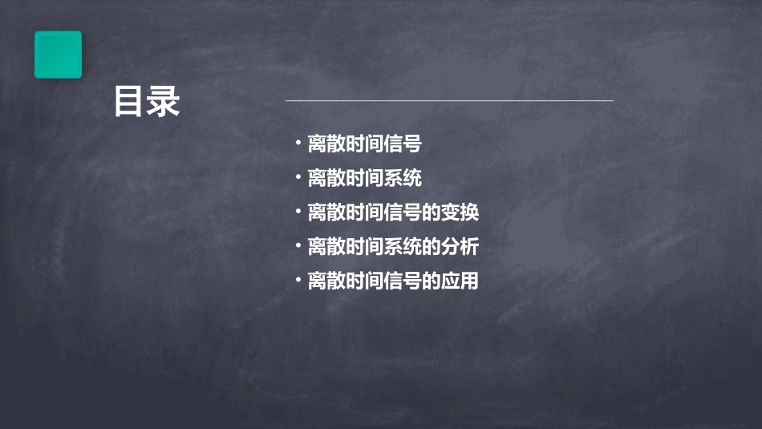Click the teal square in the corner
[58, 55]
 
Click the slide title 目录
[147, 102]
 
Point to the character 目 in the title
[129, 102]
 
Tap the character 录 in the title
[164, 102]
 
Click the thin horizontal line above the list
[449, 101]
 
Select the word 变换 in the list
[460, 212]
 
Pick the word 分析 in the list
[460, 247]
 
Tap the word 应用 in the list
[460, 281]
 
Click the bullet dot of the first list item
[298, 144]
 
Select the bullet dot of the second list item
[298, 178]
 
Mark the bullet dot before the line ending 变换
[298, 212]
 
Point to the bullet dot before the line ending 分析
[298, 247]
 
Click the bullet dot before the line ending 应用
[298, 281]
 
